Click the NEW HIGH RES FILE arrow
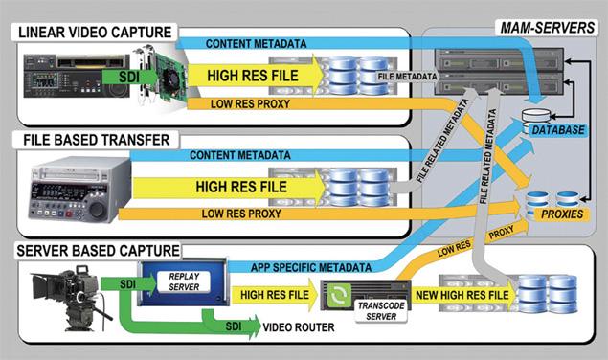[451, 295]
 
